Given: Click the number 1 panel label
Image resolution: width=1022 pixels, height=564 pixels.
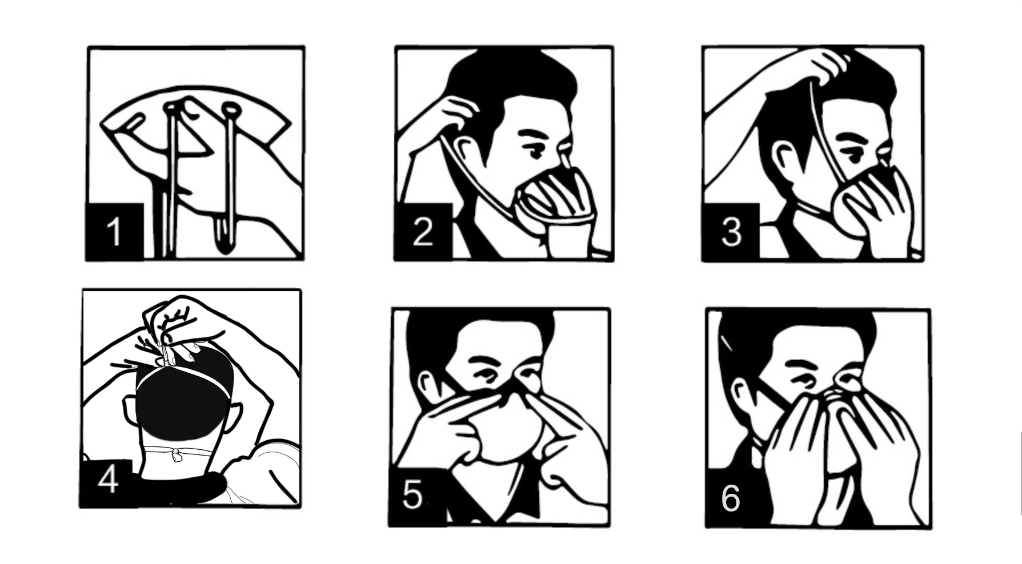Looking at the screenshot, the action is (x=114, y=231).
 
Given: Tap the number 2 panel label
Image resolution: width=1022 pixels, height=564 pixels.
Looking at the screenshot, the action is (x=423, y=231).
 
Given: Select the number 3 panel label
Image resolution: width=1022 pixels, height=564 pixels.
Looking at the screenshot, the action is (x=731, y=231).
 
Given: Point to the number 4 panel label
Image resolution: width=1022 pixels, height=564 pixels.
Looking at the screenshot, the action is (x=108, y=478).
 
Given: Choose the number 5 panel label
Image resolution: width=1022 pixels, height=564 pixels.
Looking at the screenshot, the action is (x=412, y=494).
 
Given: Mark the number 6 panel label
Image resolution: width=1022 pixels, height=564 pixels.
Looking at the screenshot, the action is (x=731, y=498).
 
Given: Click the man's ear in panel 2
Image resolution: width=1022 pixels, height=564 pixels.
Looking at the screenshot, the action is (x=466, y=151).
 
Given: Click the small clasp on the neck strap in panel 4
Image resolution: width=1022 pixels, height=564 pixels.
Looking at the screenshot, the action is (x=177, y=455).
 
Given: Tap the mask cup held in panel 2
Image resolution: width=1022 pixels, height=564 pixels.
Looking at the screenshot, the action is (x=557, y=203).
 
